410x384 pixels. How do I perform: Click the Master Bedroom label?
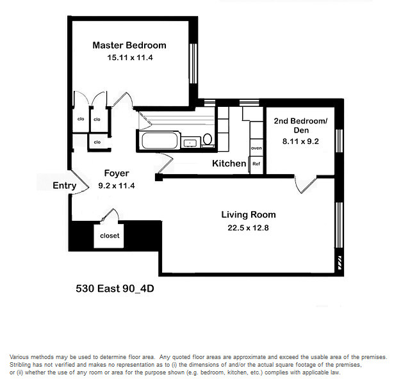(129, 45)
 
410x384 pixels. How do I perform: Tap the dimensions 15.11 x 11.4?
(129, 58)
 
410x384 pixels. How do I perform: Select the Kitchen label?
(229, 164)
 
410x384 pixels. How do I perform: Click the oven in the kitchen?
(256, 148)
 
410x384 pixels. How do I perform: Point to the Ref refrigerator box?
(256, 164)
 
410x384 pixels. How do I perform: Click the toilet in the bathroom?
(208, 140)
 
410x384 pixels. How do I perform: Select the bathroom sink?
(190, 141)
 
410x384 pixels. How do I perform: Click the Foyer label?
(117, 173)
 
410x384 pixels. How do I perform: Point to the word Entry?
(65, 186)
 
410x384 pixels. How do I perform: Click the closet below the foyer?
(110, 236)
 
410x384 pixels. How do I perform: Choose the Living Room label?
(249, 214)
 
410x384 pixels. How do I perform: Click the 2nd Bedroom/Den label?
(300, 125)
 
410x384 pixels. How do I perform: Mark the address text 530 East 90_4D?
(115, 289)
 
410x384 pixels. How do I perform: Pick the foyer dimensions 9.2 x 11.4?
(117, 186)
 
